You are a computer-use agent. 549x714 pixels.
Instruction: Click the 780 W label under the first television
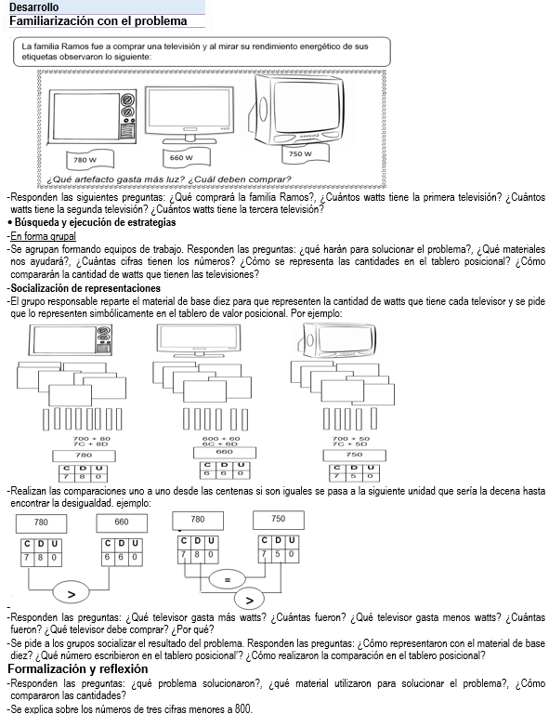(x=89, y=160)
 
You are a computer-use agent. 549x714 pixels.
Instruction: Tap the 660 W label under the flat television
(x=187, y=157)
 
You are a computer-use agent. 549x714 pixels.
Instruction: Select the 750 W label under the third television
(x=306, y=153)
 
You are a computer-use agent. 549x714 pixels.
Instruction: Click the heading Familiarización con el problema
(x=98, y=21)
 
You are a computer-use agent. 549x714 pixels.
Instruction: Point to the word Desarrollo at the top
(x=33, y=7)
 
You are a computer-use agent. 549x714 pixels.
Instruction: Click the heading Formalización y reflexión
(x=78, y=669)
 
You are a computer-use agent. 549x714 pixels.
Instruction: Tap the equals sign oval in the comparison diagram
(x=228, y=579)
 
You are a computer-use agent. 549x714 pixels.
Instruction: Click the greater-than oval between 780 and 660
(x=72, y=593)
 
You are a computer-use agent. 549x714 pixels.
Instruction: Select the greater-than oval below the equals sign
(x=249, y=600)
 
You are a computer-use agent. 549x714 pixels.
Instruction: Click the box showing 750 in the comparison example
(x=279, y=520)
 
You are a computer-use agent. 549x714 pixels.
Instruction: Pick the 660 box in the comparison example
(x=122, y=522)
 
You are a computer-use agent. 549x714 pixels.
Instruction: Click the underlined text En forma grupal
(x=44, y=236)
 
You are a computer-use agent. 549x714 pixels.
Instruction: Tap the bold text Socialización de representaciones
(x=85, y=288)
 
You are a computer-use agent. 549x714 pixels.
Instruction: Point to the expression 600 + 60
(x=221, y=439)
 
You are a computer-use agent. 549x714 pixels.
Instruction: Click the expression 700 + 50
(x=351, y=439)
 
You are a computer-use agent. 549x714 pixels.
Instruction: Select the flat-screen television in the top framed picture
(x=190, y=114)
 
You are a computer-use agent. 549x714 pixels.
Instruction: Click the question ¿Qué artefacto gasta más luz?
(x=115, y=179)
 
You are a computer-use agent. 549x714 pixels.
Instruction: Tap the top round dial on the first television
(x=128, y=99)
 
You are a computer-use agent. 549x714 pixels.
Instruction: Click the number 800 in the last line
(x=242, y=708)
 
